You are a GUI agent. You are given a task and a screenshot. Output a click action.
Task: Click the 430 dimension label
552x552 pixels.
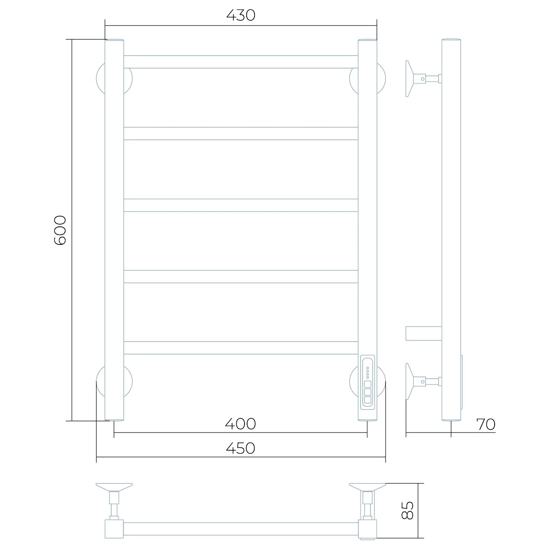coord(241,16)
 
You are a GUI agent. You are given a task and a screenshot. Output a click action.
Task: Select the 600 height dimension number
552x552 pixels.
coord(60,230)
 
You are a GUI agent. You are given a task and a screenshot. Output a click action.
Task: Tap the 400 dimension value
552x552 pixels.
coord(240,424)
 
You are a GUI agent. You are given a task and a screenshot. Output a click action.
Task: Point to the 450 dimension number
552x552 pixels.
coord(240,448)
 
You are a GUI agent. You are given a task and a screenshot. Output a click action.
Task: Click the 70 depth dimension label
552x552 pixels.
coord(486,424)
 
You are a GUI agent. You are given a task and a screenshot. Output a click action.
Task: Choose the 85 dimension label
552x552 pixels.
coord(407,510)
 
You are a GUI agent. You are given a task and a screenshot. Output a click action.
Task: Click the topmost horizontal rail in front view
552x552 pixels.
coord(241,62)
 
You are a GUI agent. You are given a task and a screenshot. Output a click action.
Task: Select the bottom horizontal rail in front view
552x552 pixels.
coord(241,348)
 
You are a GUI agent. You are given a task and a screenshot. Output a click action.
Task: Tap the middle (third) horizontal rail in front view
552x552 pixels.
coord(241,205)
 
